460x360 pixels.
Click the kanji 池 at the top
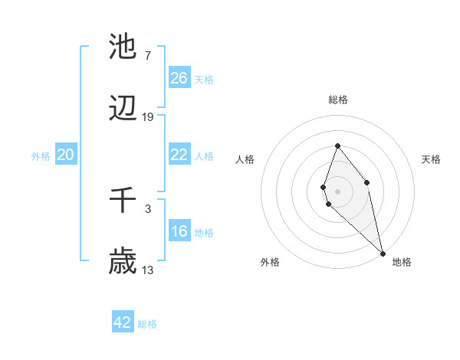[123, 47]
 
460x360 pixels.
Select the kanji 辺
[123, 110]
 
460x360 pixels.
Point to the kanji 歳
[123, 262]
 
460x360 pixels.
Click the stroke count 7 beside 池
[148, 56]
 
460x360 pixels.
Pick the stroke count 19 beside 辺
[148, 117]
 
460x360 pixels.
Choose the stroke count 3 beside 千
[148, 208]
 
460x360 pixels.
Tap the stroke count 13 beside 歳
[148, 270]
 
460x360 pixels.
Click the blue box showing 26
[179, 78]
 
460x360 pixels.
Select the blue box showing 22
[179, 155]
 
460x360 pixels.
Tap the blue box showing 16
[179, 231]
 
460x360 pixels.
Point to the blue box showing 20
[65, 155]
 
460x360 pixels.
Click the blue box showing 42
[123, 322]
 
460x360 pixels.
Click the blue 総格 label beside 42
[148, 324]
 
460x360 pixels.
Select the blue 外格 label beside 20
[41, 156]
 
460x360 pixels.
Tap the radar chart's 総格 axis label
[337, 100]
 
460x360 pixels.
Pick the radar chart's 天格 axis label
[432, 159]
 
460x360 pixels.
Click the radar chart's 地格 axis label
[402, 262]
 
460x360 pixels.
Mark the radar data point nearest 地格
[383, 253]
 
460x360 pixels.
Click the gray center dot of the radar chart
[337, 191]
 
